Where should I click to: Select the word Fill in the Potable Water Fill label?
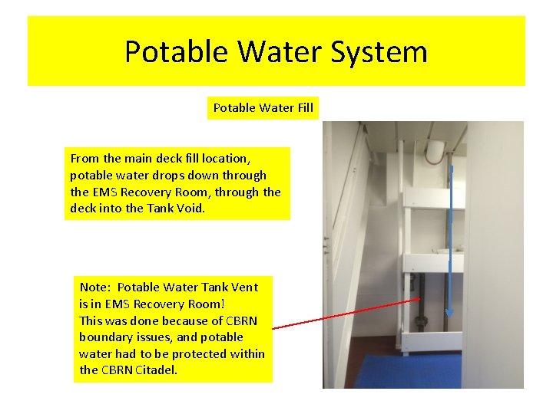304,108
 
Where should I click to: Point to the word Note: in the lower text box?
95,287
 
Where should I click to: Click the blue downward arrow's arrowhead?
450,313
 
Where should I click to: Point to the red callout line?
346,314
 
